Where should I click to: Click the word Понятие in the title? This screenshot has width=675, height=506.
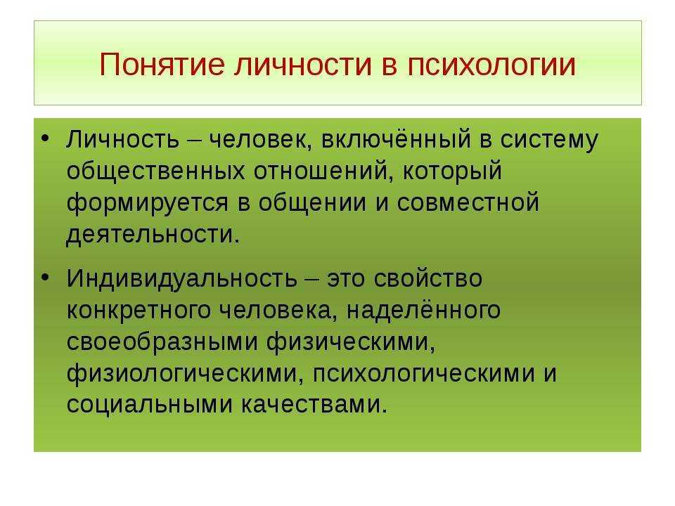[162, 65]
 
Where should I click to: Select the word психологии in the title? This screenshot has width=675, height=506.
[491, 65]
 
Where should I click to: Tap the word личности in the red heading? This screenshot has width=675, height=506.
[303, 65]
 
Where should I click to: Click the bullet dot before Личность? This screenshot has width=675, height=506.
[45, 138]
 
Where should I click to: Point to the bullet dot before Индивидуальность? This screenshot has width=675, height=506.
[45, 277]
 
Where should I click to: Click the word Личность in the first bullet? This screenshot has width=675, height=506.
[122, 139]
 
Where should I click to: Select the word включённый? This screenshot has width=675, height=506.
[396, 139]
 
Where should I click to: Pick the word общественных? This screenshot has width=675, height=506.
[156, 171]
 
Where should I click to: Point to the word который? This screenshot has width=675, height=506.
[452, 171]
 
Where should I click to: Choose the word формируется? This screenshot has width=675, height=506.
[147, 203]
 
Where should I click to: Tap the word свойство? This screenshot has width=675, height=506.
[428, 278]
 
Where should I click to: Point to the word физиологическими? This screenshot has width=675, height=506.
[182, 373]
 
